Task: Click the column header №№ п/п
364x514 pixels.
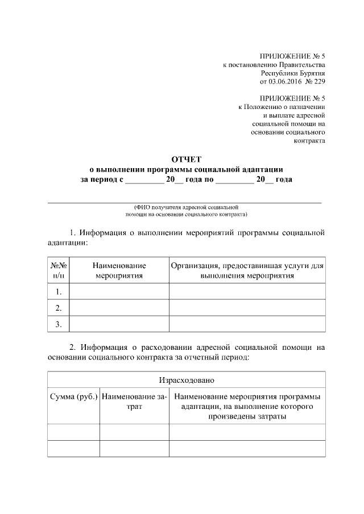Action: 57,270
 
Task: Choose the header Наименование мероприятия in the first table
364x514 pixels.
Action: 119,270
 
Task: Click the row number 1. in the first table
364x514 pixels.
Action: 58,292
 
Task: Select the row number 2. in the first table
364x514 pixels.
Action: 58,308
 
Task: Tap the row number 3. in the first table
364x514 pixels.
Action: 58,324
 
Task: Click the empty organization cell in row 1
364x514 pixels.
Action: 247,292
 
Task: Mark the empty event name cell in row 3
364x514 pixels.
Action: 119,324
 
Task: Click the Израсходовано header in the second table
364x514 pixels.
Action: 186,379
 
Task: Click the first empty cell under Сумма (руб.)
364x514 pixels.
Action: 74,432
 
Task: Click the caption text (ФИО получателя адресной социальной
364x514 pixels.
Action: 186,208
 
